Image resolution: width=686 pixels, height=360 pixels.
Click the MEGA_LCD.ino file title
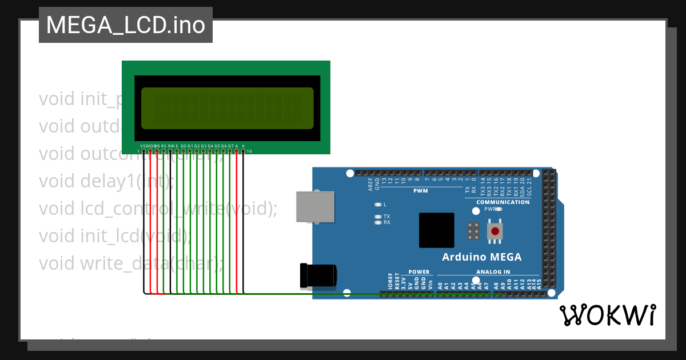point(126,25)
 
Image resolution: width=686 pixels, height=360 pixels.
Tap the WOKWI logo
point(607,315)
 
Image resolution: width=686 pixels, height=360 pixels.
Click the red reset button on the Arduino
point(495,231)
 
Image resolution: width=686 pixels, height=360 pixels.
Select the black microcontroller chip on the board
point(436,230)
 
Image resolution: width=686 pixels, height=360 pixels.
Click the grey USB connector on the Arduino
point(314,206)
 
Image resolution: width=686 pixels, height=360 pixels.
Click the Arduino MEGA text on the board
point(481,257)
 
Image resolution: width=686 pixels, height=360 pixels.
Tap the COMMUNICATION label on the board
point(503,202)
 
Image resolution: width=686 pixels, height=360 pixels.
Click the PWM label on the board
point(421,191)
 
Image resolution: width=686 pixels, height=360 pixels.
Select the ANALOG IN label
point(493,272)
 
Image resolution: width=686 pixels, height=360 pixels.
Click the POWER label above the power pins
point(418,272)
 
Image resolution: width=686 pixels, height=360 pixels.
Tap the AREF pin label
point(370,183)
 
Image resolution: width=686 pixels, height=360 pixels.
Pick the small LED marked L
point(377,204)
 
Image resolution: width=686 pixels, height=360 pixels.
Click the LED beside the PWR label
point(500,209)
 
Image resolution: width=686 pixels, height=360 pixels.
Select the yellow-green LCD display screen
point(227,109)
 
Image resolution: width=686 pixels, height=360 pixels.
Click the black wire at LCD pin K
point(244,223)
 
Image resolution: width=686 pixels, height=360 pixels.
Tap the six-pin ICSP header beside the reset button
point(473,231)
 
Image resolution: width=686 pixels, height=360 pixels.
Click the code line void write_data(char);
point(131,263)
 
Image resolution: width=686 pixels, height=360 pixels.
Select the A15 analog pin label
point(539,283)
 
